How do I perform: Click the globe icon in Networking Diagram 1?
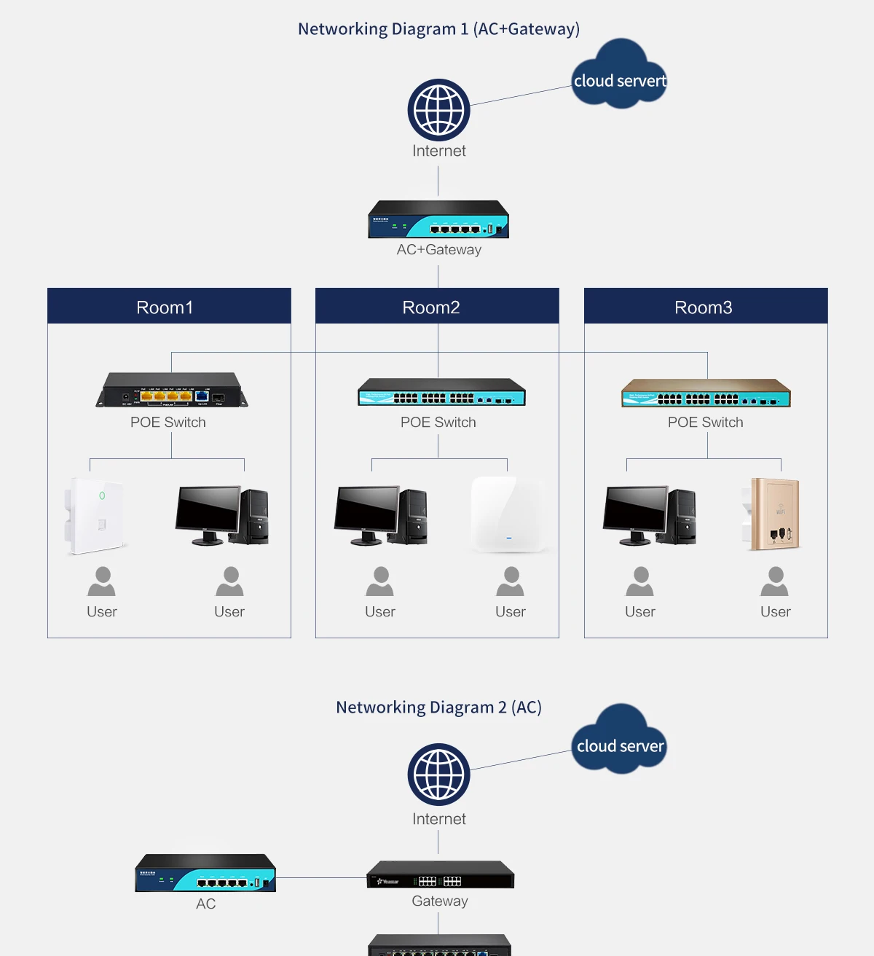[438, 110]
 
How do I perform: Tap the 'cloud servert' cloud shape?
[619, 76]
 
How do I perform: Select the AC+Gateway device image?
[438, 219]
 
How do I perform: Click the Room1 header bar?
[169, 306]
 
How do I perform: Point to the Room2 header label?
[431, 307]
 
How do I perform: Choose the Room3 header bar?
[705, 306]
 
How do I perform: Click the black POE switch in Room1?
[172, 391]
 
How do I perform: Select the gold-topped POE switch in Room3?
[706, 393]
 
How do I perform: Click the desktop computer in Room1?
[222, 515]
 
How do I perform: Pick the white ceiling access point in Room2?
[508, 514]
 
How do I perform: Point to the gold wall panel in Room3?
[773, 514]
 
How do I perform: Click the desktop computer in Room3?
[650, 515]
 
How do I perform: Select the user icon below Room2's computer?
[379, 581]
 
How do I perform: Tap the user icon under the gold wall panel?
[774, 581]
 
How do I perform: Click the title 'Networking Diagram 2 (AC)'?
[438, 708]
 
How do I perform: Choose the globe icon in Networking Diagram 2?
[438, 774]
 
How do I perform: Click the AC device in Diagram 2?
[205, 873]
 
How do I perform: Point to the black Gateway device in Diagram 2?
[440, 875]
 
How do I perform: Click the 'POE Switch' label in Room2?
[438, 423]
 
